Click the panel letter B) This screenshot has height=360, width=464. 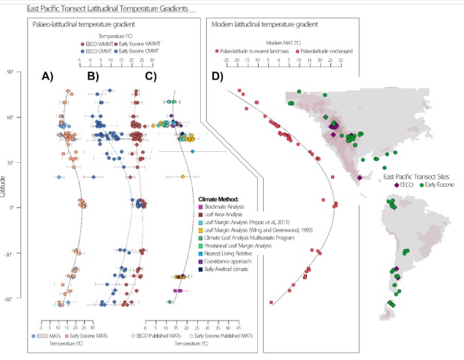click(x=93, y=76)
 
